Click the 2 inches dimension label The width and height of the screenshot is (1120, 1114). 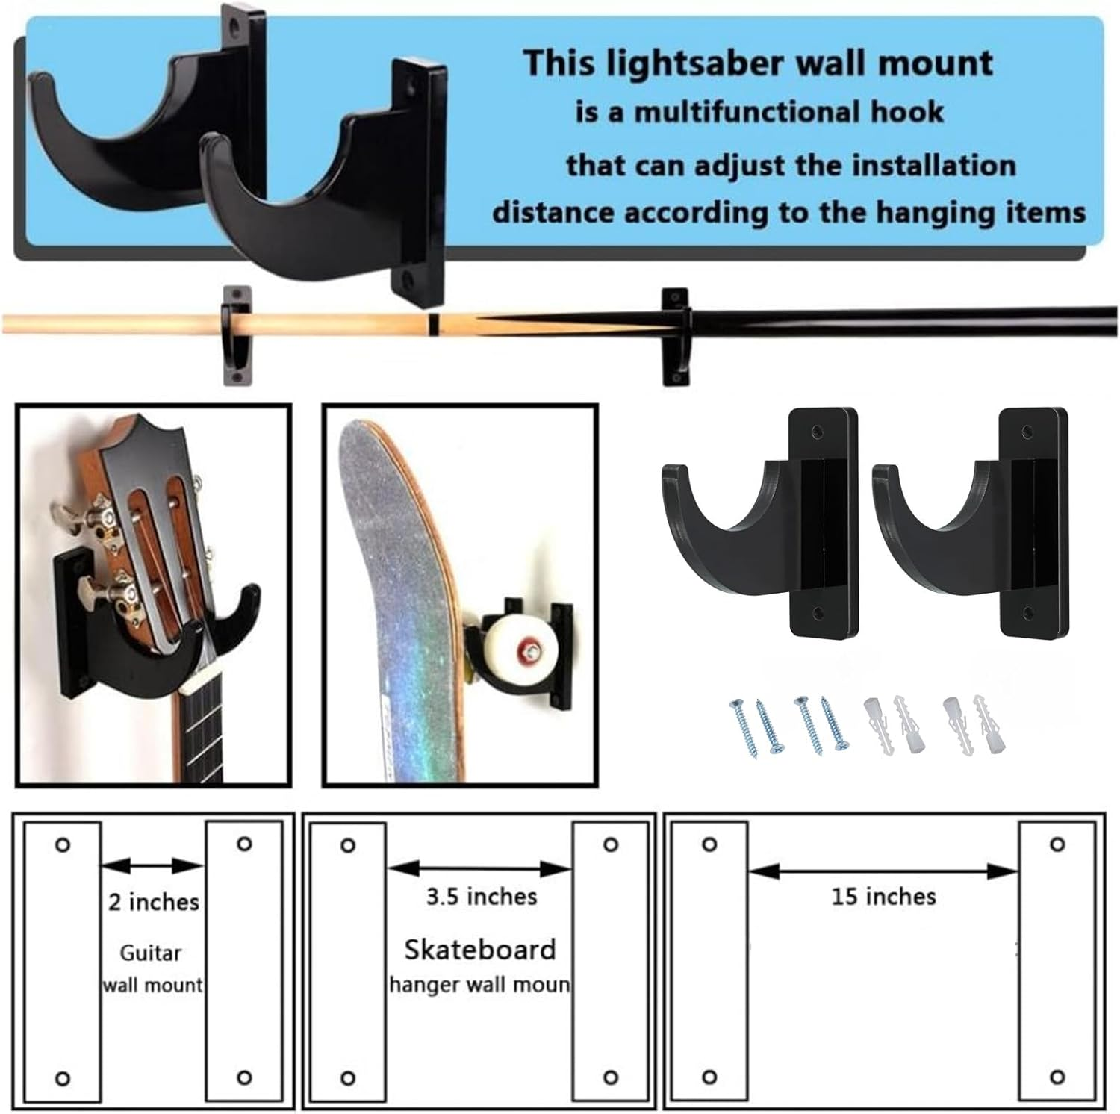click(154, 902)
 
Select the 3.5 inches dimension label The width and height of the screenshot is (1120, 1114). click(482, 896)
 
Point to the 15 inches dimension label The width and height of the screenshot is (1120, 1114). click(883, 896)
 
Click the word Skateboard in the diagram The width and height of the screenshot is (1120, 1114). click(480, 949)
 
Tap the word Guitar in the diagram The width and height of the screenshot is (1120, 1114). click(151, 953)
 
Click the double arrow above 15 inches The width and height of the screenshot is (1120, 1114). click(883, 870)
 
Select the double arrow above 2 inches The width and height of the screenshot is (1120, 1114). click(152, 866)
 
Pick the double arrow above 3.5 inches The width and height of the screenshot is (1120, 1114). click(479, 868)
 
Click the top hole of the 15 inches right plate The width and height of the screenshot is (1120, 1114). click(1057, 844)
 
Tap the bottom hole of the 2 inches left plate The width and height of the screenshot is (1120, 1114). click(63, 1078)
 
